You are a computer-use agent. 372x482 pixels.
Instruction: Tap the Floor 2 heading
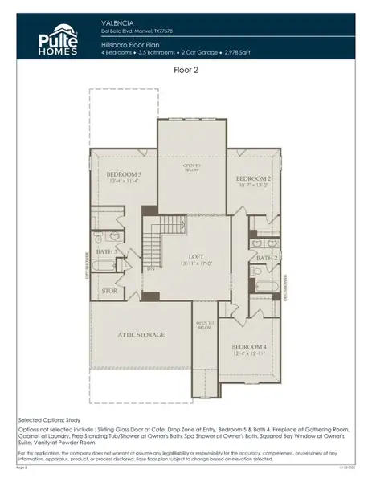click(186, 71)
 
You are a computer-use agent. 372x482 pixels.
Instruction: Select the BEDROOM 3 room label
click(124, 174)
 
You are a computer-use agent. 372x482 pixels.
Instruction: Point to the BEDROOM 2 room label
click(251, 178)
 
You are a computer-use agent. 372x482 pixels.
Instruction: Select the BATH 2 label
click(267, 258)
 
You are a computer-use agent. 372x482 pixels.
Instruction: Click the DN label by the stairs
click(150, 269)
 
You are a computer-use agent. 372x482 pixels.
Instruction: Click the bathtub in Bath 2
click(267, 284)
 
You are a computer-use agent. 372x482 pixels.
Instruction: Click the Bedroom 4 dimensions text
click(249, 353)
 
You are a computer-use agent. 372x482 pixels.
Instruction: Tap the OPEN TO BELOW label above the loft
click(191, 167)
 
